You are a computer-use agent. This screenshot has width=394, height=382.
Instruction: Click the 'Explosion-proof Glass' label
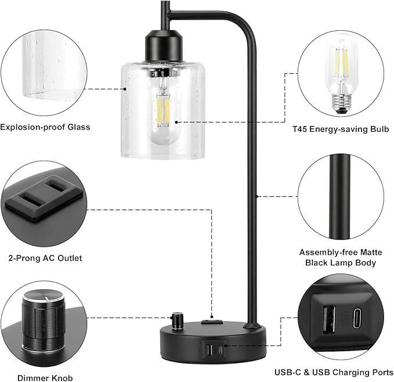pyautogui.click(x=45, y=127)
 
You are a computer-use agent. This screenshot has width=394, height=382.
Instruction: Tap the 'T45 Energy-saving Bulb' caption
pyautogui.click(x=340, y=128)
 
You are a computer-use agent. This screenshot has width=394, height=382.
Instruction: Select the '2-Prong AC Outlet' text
pyautogui.click(x=45, y=258)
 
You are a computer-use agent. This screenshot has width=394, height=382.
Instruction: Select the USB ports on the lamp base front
pyautogui.click(x=213, y=350)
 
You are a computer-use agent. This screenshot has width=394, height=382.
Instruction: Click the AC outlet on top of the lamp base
pyautogui.click(x=211, y=320)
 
